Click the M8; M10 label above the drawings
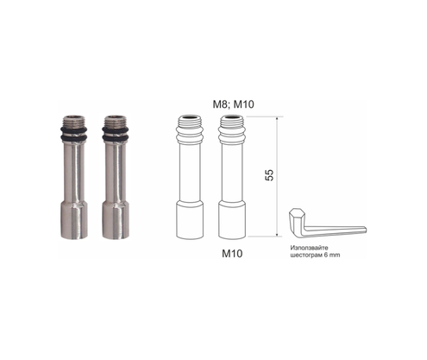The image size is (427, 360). tap(233, 104)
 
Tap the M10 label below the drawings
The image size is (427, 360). tap(232, 254)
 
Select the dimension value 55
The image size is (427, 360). tap(269, 175)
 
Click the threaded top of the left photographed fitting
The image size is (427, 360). tap(73, 121)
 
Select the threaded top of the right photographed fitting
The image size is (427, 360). tap(115, 121)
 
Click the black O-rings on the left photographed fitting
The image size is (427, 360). tap(73, 134)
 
